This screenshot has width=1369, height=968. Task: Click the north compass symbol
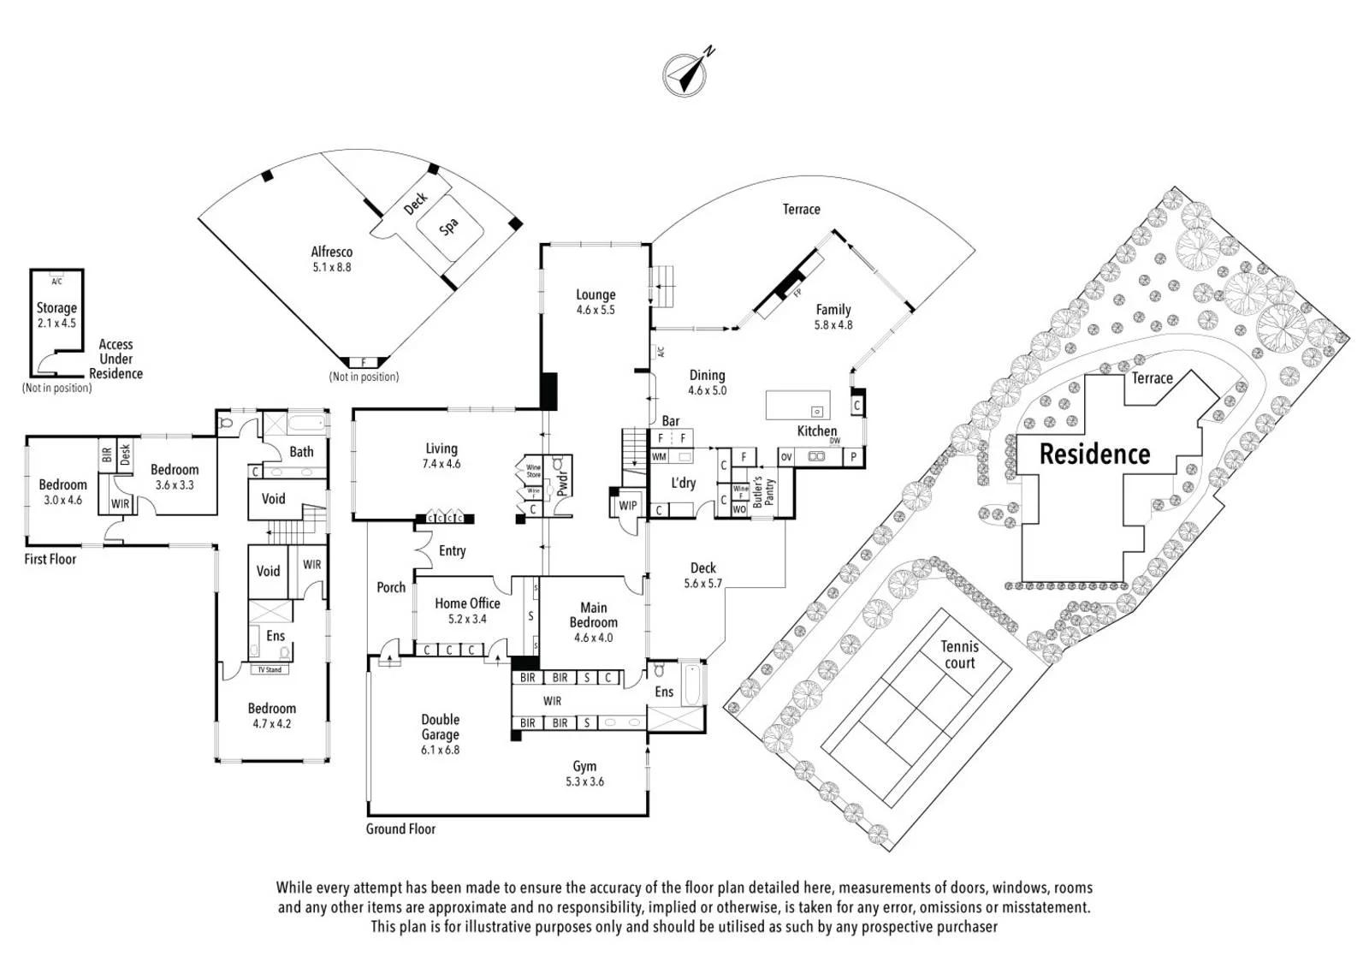(685, 74)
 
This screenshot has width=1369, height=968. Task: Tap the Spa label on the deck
(448, 227)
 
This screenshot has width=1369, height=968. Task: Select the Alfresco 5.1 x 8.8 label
(332, 258)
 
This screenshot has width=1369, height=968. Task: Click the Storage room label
(56, 307)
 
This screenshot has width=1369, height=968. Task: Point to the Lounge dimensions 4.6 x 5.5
(596, 310)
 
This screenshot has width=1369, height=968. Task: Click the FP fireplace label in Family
(797, 293)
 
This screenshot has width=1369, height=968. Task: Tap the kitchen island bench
(797, 405)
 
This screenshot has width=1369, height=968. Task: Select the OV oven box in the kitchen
(786, 457)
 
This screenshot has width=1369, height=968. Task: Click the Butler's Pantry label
(763, 492)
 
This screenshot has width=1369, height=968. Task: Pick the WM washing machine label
(659, 456)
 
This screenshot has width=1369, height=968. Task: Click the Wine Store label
(533, 471)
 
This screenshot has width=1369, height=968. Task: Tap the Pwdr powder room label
(563, 483)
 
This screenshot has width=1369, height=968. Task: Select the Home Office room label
(467, 603)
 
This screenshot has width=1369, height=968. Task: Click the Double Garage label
(440, 727)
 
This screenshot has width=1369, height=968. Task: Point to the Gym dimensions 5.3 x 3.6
(585, 781)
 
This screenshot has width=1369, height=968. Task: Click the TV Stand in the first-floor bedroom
(270, 669)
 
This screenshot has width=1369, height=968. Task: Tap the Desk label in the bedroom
(125, 454)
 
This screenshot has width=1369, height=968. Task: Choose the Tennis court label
(959, 654)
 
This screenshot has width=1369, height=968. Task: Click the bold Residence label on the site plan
(1094, 454)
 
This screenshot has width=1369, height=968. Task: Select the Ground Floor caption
(401, 829)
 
